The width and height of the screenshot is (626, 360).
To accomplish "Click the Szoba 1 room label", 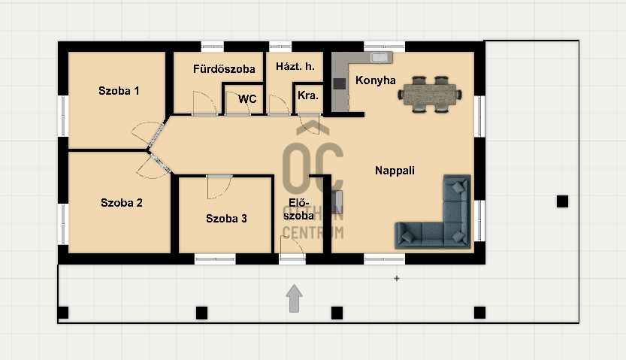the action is [119, 91].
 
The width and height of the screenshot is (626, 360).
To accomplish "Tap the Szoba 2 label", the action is [122, 203].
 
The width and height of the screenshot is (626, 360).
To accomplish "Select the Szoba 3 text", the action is [226, 218].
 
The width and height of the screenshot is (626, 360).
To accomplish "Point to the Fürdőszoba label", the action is [224, 69].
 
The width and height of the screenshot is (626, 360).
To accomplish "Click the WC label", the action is [247, 99].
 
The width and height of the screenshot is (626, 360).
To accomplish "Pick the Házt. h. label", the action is [295, 66].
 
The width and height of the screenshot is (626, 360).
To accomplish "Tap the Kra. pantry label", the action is [308, 95].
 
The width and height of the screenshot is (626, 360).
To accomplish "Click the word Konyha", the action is [375, 80].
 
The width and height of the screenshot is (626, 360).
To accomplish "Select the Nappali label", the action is [395, 171].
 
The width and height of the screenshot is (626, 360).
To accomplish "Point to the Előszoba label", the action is [298, 209].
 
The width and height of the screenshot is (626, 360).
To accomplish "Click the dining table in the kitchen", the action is [430, 95].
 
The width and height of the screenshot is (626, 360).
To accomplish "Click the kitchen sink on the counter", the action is [379, 57].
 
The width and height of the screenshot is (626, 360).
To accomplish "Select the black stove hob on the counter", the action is [340, 83].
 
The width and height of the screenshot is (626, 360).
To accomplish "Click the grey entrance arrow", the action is [295, 298].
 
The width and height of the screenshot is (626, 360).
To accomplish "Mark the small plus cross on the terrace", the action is [397, 278].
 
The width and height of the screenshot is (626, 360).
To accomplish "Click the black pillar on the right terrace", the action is [562, 201].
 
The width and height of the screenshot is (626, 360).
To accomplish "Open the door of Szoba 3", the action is [219, 187].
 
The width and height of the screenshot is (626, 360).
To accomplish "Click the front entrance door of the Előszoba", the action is [292, 249].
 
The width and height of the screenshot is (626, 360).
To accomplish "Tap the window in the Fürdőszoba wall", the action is [213, 47].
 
